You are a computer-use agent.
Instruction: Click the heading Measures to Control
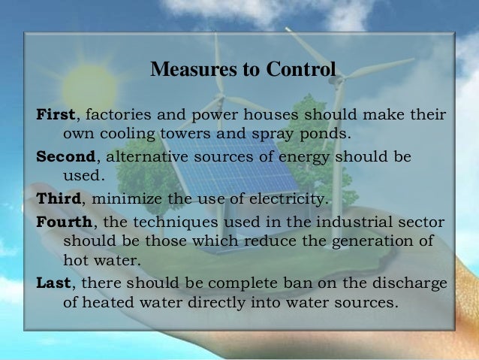243,71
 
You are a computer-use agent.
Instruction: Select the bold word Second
67,159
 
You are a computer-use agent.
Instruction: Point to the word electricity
292,199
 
